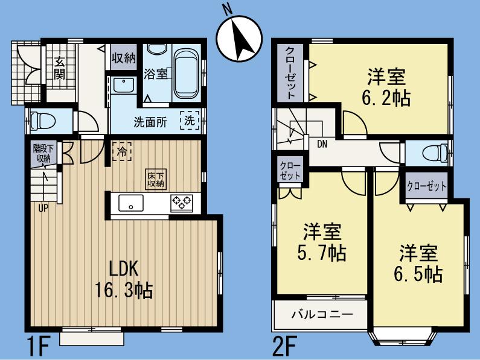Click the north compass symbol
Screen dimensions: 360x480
(x=239, y=37)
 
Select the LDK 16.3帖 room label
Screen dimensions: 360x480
(x=124, y=279)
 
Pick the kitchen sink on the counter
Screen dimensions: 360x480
(x=130, y=203)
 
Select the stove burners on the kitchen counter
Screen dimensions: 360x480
(x=181, y=203)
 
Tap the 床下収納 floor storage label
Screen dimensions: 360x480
(x=155, y=179)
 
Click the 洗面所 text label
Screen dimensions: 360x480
(x=150, y=119)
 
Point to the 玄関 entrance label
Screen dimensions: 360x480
(x=59, y=68)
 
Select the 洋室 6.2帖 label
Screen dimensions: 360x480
(x=386, y=87)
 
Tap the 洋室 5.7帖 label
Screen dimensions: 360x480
(x=321, y=241)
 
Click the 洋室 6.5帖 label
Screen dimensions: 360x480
(x=417, y=264)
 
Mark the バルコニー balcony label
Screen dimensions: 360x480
(x=321, y=314)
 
